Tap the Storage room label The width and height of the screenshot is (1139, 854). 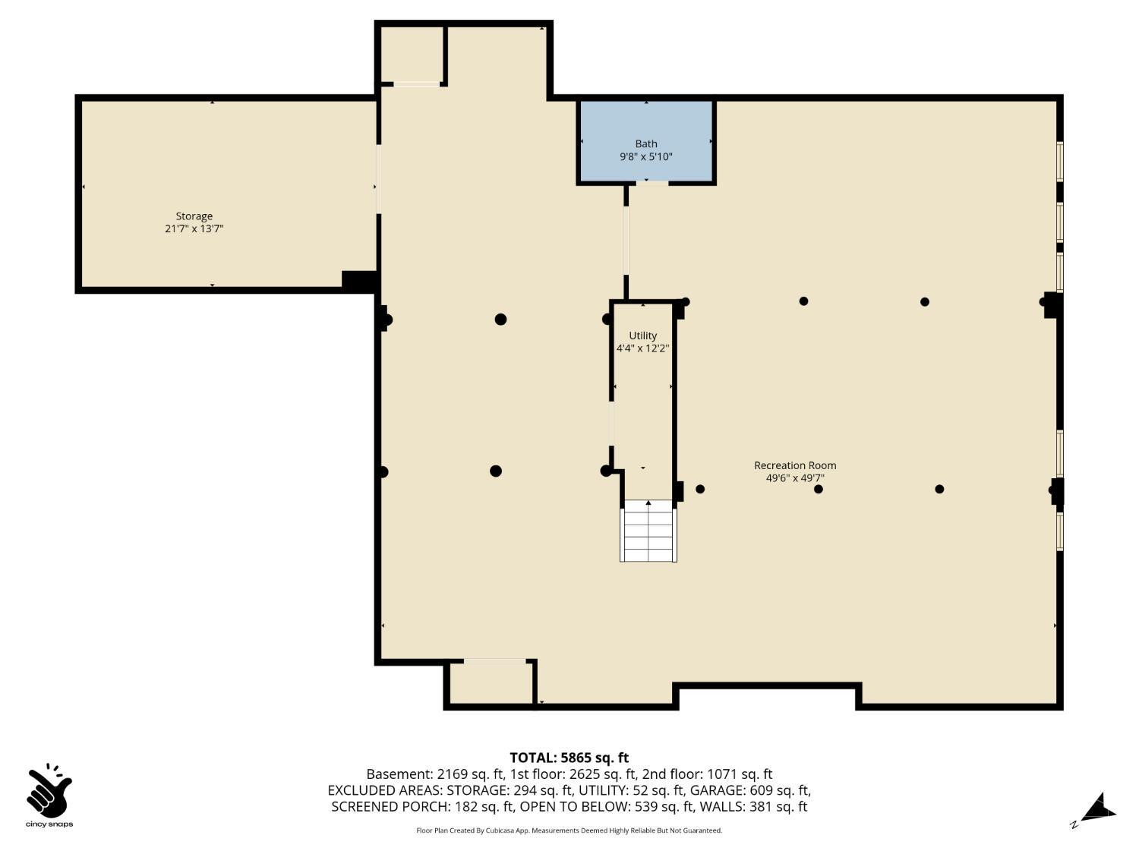(194, 216)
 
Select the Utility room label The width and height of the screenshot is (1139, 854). (642, 336)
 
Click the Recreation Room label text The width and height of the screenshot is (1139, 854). (795, 465)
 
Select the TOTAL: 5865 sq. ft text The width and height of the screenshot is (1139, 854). (569, 758)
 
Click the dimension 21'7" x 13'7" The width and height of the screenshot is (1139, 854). (194, 228)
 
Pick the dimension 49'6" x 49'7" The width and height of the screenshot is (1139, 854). (795, 478)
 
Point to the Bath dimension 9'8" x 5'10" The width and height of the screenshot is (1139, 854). (646, 157)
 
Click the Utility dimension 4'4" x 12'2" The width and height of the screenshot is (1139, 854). (642, 348)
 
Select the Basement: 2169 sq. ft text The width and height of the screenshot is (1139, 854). (435, 774)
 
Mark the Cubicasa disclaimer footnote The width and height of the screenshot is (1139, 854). (569, 830)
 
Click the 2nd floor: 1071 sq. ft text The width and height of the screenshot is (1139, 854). (707, 774)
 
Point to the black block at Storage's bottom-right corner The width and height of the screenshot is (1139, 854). (359, 280)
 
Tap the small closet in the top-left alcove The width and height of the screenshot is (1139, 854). (411, 55)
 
